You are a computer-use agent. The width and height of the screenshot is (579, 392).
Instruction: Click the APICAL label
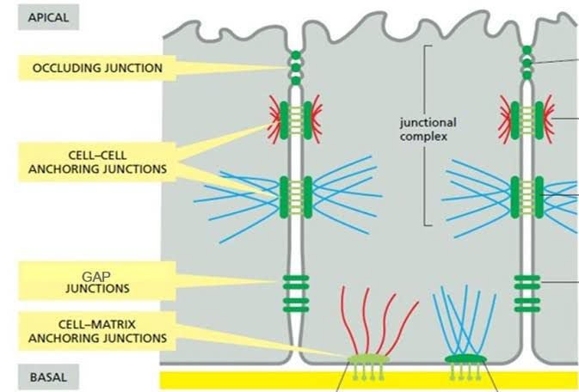42,16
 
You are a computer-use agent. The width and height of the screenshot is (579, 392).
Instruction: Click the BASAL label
41,376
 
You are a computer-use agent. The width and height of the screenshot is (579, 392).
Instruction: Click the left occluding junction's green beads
296,68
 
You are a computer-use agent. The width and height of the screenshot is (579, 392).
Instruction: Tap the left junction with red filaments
296,121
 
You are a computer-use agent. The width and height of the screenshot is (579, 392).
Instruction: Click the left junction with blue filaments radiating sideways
296,195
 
